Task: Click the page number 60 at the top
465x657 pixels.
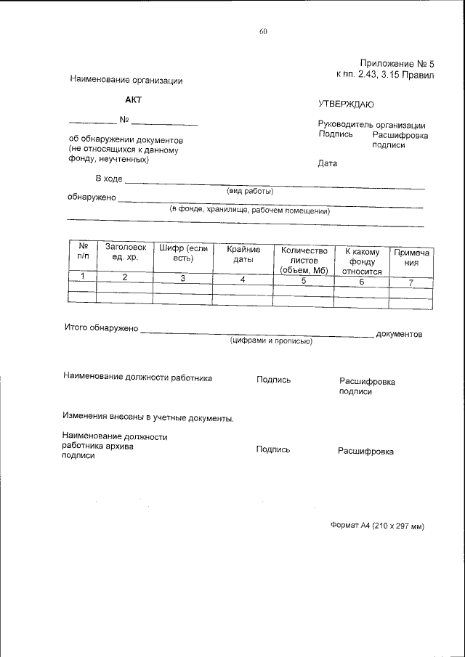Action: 263,31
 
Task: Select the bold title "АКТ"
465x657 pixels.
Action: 133,99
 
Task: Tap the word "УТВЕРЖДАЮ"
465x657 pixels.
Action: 346,105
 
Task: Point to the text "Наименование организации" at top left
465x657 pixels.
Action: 126,80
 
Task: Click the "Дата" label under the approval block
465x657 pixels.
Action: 328,163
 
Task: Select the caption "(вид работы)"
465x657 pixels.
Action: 250,192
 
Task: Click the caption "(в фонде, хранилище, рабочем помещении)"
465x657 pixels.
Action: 250,211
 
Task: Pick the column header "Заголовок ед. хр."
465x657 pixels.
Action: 125,253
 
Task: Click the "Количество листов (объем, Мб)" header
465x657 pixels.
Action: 304,260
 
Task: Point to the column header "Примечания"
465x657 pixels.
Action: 411,258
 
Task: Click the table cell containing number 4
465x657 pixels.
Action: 243,279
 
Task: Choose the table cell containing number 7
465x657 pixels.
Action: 411,282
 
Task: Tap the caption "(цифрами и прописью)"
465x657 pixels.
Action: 271,340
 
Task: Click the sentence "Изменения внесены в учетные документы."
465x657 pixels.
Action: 147,418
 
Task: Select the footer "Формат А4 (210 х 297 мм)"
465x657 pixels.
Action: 376,526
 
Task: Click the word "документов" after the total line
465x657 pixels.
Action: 399,334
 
